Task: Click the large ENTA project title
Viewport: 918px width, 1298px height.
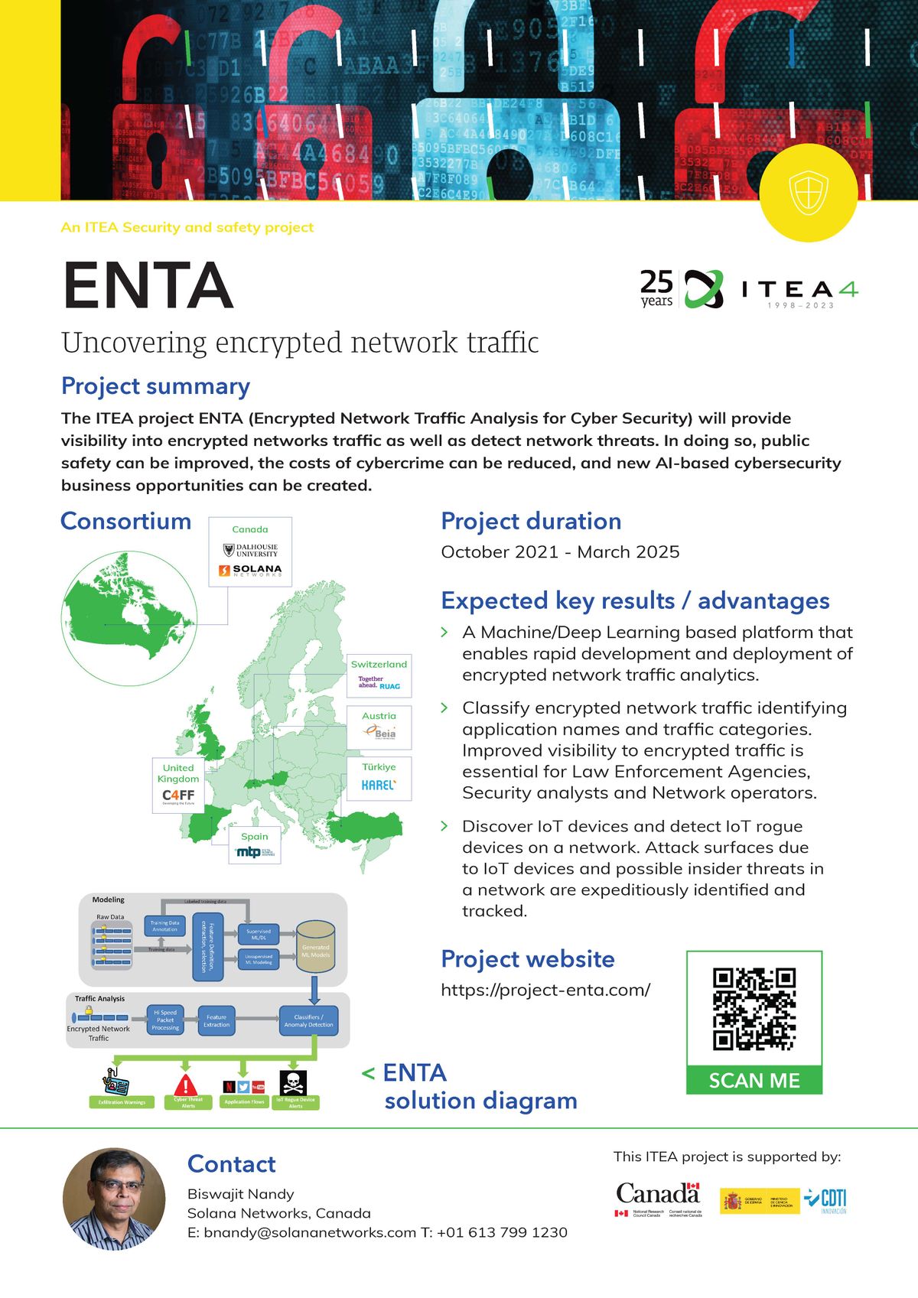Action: pos(148,285)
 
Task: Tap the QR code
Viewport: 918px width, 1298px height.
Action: pos(754,1009)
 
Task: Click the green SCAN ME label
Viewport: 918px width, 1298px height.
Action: pos(754,1080)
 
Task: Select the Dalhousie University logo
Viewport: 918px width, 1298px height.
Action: pos(251,550)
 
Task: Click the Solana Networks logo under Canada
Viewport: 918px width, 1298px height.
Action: pos(250,571)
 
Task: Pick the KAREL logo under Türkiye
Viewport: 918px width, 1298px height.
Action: pos(379,786)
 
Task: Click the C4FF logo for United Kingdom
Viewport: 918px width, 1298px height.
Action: pos(178,796)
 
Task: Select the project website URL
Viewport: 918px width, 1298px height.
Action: pos(545,990)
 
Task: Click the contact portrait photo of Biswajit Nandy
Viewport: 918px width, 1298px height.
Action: pos(114,1198)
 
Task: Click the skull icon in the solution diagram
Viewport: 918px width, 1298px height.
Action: pos(295,1083)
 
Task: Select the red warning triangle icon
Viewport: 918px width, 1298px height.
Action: pos(186,1084)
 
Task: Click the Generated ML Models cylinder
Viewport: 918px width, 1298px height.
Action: pos(315,946)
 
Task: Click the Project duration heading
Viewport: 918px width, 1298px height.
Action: pos(531,521)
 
